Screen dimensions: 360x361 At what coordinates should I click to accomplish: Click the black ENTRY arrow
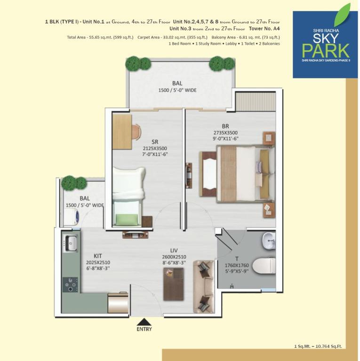tap(144, 322)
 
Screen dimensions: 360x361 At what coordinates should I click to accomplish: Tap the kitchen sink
tap(70, 243)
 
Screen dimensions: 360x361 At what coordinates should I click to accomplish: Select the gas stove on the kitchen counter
tap(70, 284)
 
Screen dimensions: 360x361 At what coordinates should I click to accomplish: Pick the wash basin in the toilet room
tap(269, 241)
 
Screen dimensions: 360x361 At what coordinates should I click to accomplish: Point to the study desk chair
tap(136, 132)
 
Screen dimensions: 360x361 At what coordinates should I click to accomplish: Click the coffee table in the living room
tap(174, 284)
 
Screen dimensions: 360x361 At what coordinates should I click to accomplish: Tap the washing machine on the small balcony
tap(71, 217)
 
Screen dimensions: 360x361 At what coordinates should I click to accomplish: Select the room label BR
tap(225, 126)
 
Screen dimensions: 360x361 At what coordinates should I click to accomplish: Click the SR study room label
tap(155, 142)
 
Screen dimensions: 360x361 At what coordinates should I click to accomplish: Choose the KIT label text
tap(98, 256)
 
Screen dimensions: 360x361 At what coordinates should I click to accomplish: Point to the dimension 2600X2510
tap(174, 257)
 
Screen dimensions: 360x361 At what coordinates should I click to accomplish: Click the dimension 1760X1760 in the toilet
tap(237, 266)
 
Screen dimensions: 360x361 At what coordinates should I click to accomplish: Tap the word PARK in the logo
tap(326, 51)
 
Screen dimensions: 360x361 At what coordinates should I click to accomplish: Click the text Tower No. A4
tap(264, 29)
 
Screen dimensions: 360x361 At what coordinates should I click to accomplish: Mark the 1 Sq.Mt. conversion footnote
tap(318, 346)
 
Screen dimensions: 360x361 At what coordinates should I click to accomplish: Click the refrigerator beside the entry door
tap(118, 302)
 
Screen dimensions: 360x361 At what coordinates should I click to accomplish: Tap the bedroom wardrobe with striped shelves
tap(256, 102)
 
